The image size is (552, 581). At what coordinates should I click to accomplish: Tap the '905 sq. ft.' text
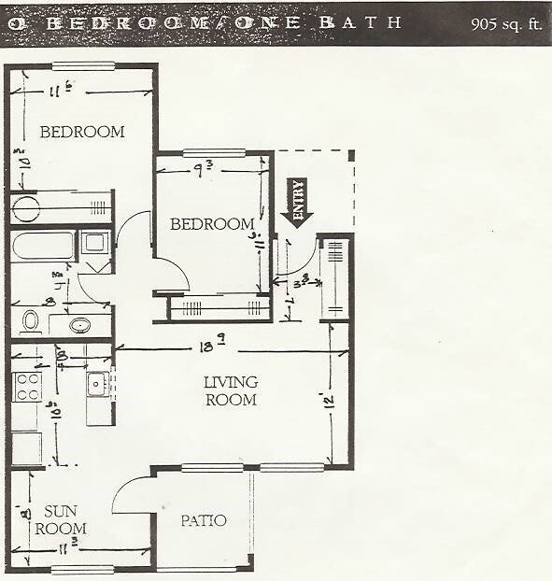click(x=507, y=23)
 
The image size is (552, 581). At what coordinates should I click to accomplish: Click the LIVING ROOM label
click(x=231, y=391)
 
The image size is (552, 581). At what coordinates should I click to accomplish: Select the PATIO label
click(x=203, y=520)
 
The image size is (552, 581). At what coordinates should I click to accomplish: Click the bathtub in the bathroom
click(x=43, y=247)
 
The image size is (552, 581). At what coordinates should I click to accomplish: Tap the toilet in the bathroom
click(x=30, y=322)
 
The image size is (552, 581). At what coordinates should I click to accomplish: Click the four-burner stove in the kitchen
click(x=27, y=386)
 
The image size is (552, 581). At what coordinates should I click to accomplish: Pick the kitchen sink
click(x=96, y=384)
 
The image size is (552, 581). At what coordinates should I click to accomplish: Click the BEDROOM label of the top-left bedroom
click(x=82, y=132)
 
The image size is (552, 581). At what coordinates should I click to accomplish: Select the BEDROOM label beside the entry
click(x=212, y=224)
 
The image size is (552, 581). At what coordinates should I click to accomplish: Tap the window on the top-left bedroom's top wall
click(x=83, y=66)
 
